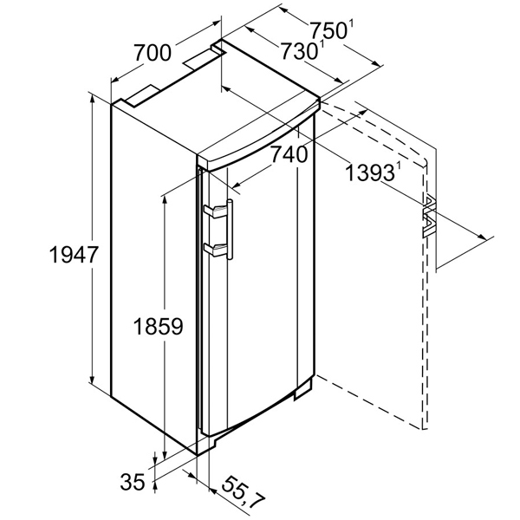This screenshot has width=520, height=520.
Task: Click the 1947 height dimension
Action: [x=74, y=255]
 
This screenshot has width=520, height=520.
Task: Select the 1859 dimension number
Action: [x=159, y=326]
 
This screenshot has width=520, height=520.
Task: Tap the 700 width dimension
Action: [x=153, y=53]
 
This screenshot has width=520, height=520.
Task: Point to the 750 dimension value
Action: [x=328, y=30]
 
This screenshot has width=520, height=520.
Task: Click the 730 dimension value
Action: [x=300, y=51]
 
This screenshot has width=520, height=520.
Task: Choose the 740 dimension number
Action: [x=289, y=154]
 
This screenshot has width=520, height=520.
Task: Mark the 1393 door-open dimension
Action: [x=370, y=172]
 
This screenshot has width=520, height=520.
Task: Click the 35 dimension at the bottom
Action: [x=133, y=482]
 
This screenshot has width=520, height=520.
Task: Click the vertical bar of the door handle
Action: [x=230, y=229]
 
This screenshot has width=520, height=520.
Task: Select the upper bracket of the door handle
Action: [x=216, y=211]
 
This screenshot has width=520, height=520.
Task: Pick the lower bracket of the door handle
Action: [x=216, y=249]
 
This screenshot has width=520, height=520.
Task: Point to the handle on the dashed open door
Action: [x=429, y=217]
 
